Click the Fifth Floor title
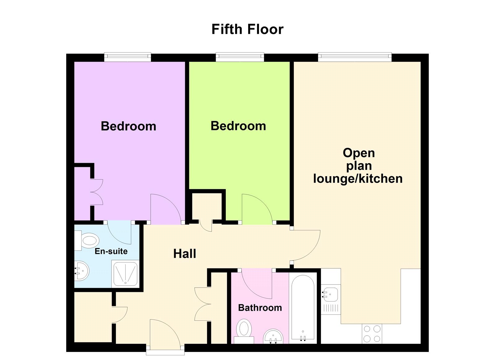[247, 29]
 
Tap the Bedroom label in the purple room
[128, 126]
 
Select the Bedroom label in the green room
[238, 126]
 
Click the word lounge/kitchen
[358, 179]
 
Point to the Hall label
[185, 254]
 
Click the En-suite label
[111, 251]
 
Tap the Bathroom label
[260, 308]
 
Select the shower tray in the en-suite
[125, 274]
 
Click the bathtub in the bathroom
[303, 308]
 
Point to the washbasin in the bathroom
[273, 336]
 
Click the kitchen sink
[330, 294]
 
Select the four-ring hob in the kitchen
[372, 334]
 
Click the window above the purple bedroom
[127, 57]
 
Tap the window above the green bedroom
[240, 57]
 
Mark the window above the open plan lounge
[355, 57]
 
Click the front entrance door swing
[165, 333]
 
